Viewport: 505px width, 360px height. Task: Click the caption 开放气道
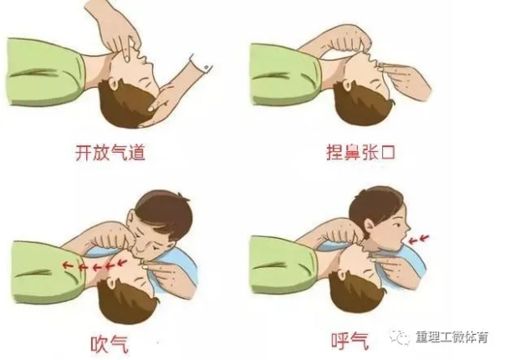coord(110,153)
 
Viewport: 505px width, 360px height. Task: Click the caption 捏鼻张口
coord(360,153)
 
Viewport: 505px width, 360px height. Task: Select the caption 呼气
coord(349,341)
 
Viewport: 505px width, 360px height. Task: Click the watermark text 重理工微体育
coord(452,337)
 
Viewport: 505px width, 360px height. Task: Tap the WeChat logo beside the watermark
coord(399,337)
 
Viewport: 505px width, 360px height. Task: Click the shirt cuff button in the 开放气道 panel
coord(207,67)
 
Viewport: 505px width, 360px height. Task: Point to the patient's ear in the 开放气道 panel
coord(115,84)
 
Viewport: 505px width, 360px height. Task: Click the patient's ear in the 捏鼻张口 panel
coord(348,85)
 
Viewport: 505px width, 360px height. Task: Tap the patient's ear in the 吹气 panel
coord(112,283)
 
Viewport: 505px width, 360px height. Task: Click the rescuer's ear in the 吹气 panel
coord(132,219)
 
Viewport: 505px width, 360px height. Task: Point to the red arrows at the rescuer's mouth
coord(420,239)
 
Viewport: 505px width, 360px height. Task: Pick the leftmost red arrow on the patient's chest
coord(67,265)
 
